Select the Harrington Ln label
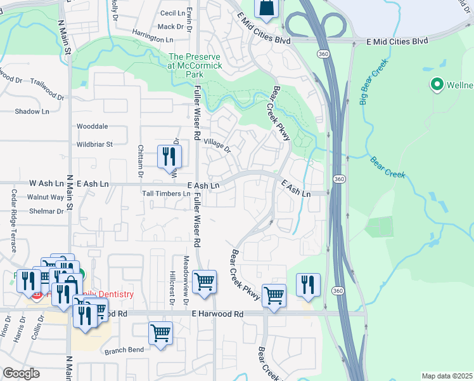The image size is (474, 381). (x=153, y=39)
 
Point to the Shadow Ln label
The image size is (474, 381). (x=32, y=112)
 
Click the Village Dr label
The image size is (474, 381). (x=217, y=146)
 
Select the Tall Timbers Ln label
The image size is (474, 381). (x=166, y=194)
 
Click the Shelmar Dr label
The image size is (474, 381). (x=46, y=211)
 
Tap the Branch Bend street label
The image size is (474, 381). (x=124, y=351)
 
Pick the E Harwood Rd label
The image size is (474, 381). (x=218, y=314)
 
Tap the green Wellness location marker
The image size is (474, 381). (x=437, y=84)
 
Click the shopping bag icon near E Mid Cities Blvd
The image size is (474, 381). (x=266, y=8)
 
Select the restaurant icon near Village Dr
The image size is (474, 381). (x=169, y=156)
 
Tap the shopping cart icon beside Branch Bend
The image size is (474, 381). (x=160, y=333)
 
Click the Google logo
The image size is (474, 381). (x=21, y=373)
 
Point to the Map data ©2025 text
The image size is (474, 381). (x=446, y=376)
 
